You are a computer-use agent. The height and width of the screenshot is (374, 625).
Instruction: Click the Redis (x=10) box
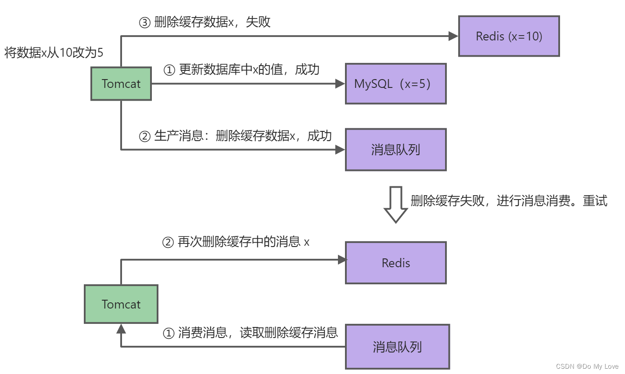(x=509, y=36)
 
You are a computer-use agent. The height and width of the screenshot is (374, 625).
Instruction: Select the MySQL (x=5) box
(x=395, y=84)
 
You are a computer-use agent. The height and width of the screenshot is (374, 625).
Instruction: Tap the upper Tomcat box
(x=121, y=84)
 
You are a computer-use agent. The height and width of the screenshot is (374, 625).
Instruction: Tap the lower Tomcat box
(x=121, y=304)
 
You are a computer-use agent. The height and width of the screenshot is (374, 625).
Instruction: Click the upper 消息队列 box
(x=395, y=149)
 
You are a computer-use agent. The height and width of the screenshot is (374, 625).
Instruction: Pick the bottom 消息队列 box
(x=397, y=347)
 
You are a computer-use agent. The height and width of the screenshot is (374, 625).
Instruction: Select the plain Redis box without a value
(x=395, y=263)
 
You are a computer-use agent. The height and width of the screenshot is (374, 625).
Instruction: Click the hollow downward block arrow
(x=395, y=205)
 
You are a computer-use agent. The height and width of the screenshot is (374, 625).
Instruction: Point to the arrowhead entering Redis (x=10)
(x=453, y=36)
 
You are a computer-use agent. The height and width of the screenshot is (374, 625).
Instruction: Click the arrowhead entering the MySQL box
(x=340, y=84)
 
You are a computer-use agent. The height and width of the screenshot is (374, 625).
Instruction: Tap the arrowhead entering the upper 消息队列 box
(x=340, y=150)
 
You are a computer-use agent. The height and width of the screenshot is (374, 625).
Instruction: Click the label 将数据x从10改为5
(x=54, y=53)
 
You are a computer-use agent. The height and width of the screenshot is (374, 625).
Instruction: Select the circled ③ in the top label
(x=145, y=22)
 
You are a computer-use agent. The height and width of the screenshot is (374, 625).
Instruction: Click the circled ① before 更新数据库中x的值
(x=169, y=70)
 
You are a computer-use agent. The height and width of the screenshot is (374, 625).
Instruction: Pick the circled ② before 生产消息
(x=145, y=136)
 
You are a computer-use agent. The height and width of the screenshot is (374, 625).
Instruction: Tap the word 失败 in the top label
(x=258, y=22)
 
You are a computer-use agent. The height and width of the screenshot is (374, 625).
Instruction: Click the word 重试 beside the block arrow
(x=595, y=201)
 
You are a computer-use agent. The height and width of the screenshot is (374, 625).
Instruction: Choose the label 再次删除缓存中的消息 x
(x=236, y=242)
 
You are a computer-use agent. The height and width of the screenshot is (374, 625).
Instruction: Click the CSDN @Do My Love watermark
(x=587, y=366)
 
